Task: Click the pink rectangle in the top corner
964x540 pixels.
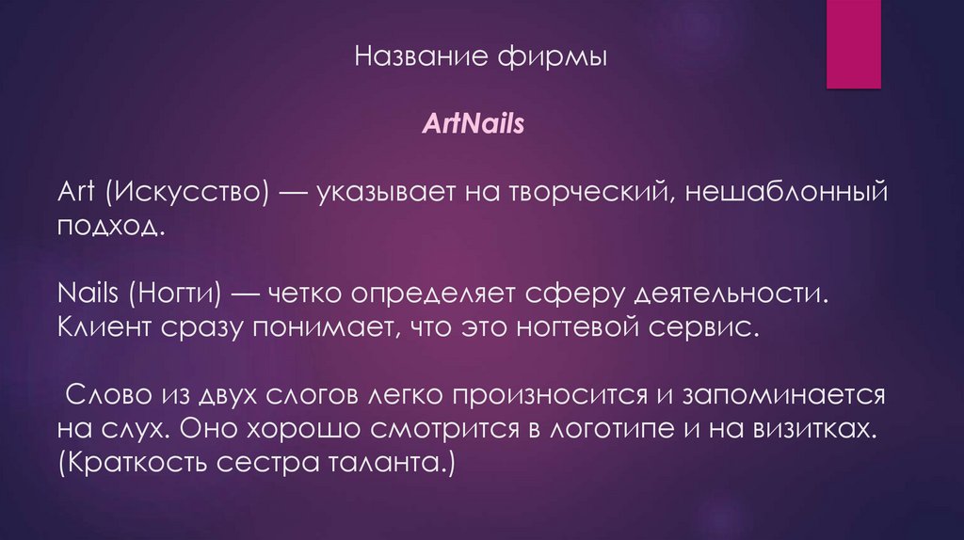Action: coord(853,42)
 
